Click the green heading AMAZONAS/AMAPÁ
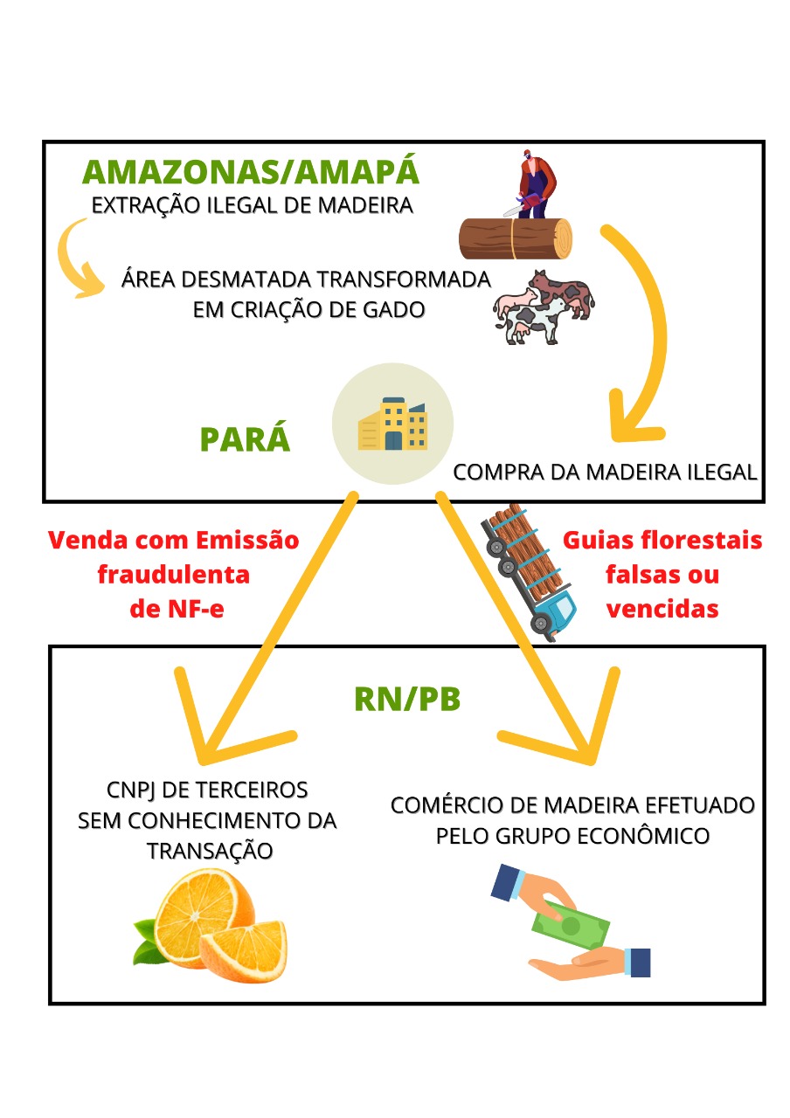point(251,172)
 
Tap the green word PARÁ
point(246,438)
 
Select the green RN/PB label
point(406,698)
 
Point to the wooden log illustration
point(516,238)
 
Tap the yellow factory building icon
point(393,424)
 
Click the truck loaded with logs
point(528,571)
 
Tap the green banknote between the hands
point(572,928)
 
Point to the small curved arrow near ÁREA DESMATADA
point(80,258)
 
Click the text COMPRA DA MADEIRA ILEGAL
point(604,473)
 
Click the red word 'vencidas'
point(662,609)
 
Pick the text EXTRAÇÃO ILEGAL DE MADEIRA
point(252,208)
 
